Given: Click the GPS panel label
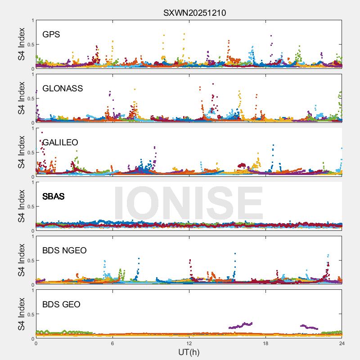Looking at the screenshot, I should click(x=51, y=35).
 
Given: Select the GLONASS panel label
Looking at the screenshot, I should click(x=63, y=89).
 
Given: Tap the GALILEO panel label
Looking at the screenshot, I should click(x=60, y=143).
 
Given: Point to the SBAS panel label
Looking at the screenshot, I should click(x=54, y=197).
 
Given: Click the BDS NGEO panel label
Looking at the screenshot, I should click(x=65, y=251).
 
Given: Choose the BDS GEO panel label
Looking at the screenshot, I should click(x=61, y=305).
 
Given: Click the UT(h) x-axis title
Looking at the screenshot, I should click(x=189, y=352).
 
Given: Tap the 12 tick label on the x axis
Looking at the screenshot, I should click(x=189, y=343).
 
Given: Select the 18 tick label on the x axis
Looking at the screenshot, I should click(x=265, y=343).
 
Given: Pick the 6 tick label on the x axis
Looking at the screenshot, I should click(x=112, y=343).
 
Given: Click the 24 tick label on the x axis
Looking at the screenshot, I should click(x=342, y=343).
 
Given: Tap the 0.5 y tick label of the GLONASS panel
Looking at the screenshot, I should click(x=29, y=99).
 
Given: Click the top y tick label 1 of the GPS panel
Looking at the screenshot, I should click(x=32, y=20).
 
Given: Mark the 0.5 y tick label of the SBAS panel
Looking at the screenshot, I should click(x=29, y=207).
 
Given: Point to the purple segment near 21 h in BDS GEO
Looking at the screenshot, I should click(x=309, y=327).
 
